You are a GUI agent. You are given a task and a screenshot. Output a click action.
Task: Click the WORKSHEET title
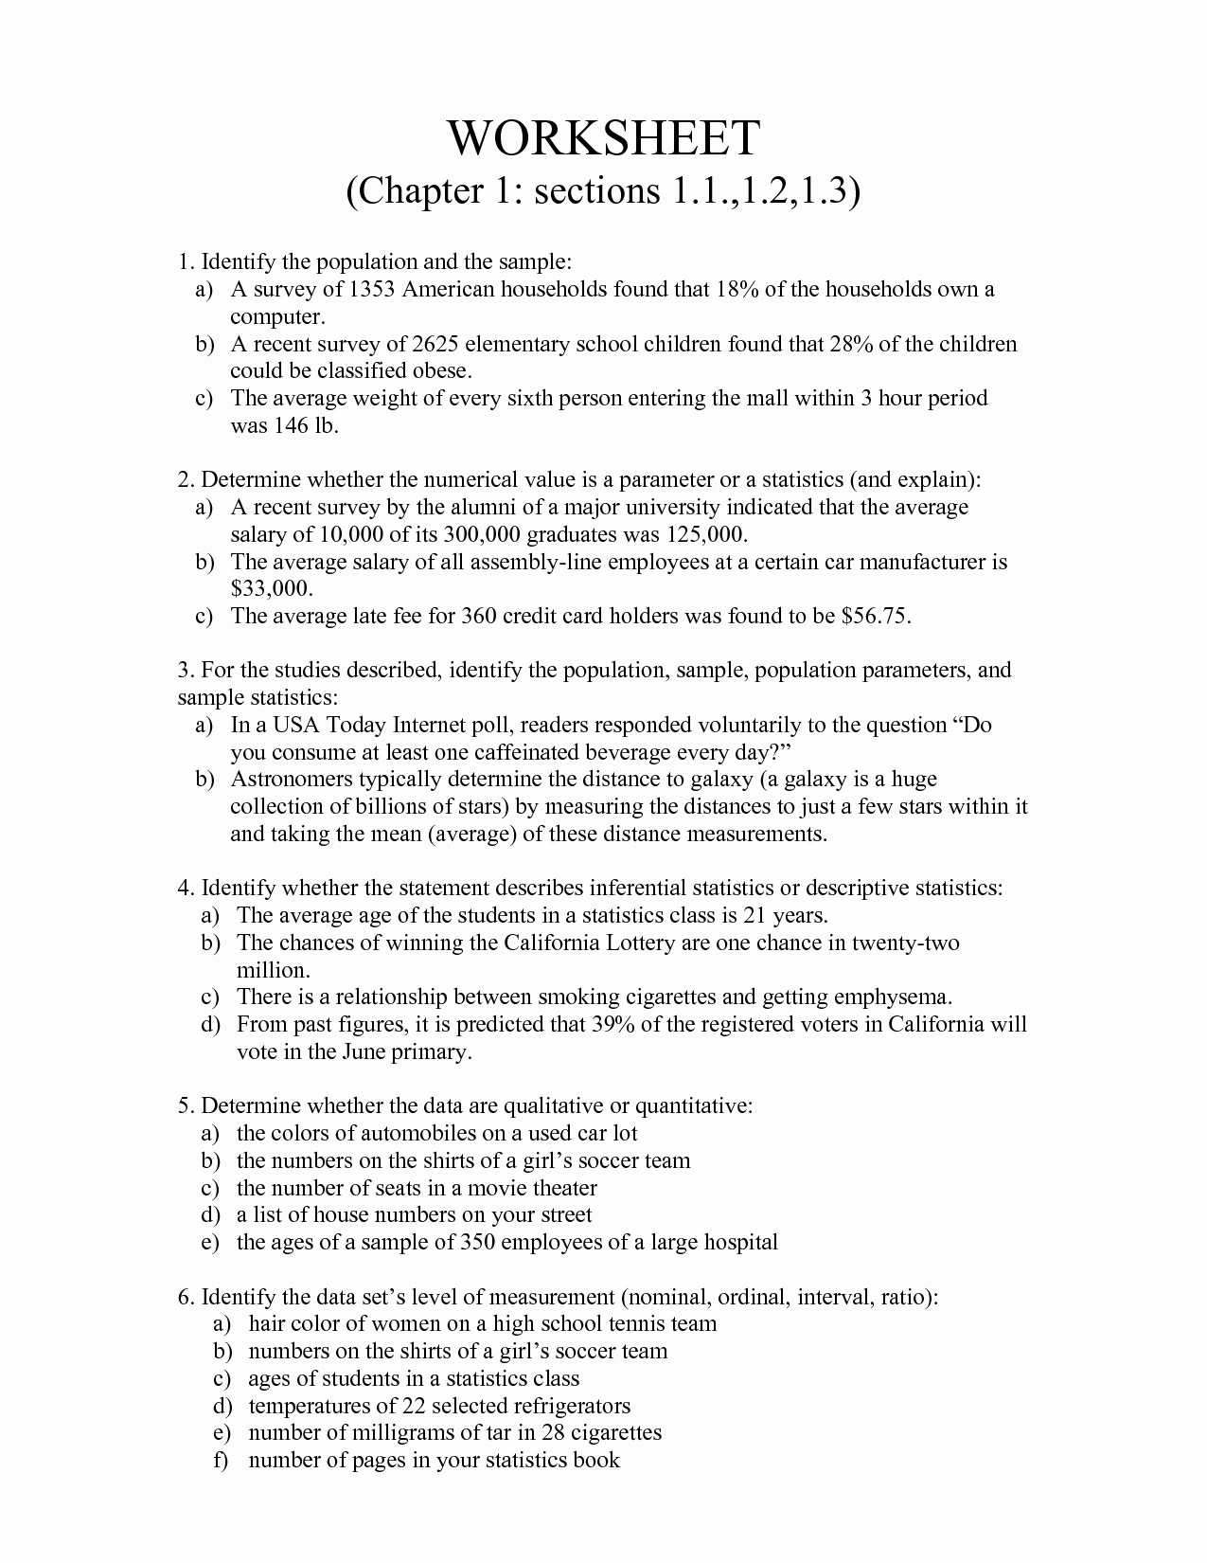pyautogui.click(x=603, y=138)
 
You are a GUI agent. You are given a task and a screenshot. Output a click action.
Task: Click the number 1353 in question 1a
pyautogui.click(x=372, y=289)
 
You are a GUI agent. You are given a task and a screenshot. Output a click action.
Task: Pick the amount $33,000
pyautogui.click(x=271, y=589)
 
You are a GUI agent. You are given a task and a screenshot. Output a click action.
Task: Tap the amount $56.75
pyautogui.click(x=876, y=617)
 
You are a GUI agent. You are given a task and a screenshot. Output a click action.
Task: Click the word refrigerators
pyautogui.click(x=570, y=1406)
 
